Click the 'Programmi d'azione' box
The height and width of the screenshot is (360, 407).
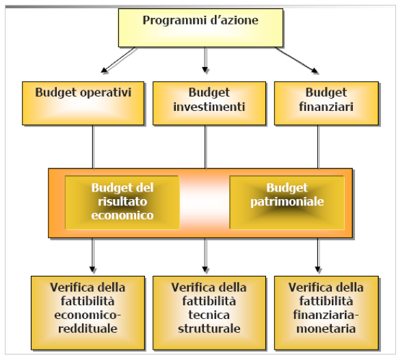pyautogui.click(x=200, y=28)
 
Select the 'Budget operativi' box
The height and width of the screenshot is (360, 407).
pyautogui.click(x=83, y=103)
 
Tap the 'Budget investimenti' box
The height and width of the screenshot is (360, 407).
pyautogui.click(x=209, y=103)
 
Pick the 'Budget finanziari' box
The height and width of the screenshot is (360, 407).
pyautogui.click(x=326, y=103)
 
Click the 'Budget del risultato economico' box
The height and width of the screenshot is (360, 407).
pyautogui.click(x=122, y=203)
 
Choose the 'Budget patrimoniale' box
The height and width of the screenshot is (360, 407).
pyautogui.click(x=287, y=203)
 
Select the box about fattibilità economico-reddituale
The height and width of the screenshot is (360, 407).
pyautogui.click(x=88, y=313)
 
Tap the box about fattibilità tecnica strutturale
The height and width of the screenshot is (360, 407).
pyautogui.click(x=209, y=313)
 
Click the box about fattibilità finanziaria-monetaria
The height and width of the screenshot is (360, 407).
pyautogui.click(x=326, y=313)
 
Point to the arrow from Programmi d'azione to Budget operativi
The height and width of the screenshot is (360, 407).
pyautogui.click(x=118, y=60)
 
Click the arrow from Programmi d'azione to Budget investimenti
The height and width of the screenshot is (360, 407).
pyautogui.click(x=205, y=60)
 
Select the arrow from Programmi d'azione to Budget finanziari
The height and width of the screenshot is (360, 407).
pyautogui.click(x=297, y=60)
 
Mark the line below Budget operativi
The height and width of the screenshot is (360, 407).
pyautogui.click(x=93, y=147)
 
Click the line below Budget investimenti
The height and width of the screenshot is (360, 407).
pyautogui.click(x=206, y=147)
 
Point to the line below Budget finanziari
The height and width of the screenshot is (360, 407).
pyautogui.click(x=318, y=147)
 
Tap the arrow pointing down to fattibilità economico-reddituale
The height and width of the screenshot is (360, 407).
pyautogui.click(x=92, y=255)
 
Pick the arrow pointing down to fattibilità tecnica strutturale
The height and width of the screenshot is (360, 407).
pyautogui.click(x=205, y=255)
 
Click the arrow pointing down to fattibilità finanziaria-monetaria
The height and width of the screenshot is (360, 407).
pyautogui.click(x=318, y=255)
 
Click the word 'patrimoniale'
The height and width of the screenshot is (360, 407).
pyautogui.click(x=287, y=202)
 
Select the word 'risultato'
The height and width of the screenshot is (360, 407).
pyautogui.click(x=122, y=201)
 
